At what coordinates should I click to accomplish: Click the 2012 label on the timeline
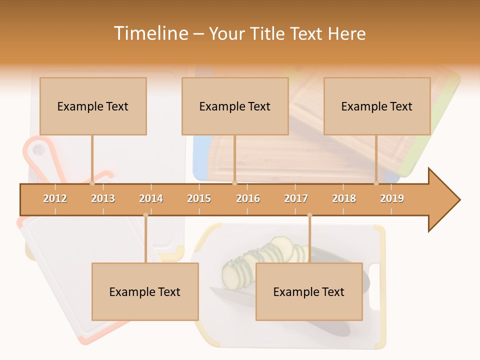(55, 198)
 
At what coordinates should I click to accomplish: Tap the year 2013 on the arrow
(103, 198)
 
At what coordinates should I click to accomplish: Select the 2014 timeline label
(151, 198)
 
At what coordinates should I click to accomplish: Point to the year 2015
(199, 198)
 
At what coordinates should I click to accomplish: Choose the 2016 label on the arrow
(248, 198)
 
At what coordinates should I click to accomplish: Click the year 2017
(296, 198)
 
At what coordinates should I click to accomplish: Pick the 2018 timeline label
(344, 198)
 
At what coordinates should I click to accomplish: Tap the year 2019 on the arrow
(392, 198)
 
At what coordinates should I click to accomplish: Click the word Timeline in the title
(149, 33)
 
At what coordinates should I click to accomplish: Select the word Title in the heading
(268, 33)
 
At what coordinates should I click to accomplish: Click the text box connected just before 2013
(93, 106)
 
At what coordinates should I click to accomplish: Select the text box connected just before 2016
(235, 106)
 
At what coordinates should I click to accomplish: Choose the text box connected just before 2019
(377, 106)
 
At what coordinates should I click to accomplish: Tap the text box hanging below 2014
(145, 291)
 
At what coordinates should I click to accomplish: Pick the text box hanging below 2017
(309, 291)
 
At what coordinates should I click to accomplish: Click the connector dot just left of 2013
(92, 183)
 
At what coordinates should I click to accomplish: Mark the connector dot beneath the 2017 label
(309, 215)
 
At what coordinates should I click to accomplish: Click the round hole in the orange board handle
(37, 149)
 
